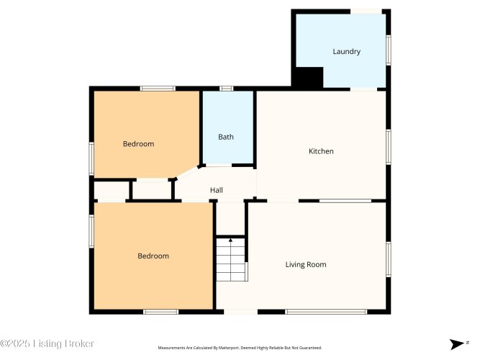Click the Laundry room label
pyautogui.click(x=346, y=51)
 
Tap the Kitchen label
pyautogui.click(x=321, y=151)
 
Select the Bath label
pyautogui.click(x=226, y=137)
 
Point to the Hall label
pyautogui.click(x=216, y=190)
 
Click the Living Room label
pyautogui.click(x=306, y=264)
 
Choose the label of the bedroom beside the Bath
pyautogui.click(x=138, y=144)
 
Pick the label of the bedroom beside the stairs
pyautogui.click(x=153, y=256)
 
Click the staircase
pyautogui.click(x=231, y=259)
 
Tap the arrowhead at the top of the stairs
pyautogui.click(x=230, y=240)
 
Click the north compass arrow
pyautogui.click(x=456, y=344)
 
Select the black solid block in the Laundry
pyautogui.click(x=308, y=77)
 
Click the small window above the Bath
pyautogui.click(x=226, y=89)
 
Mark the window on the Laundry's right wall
pyautogui.click(x=389, y=50)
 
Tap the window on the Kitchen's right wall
pyautogui.click(x=389, y=147)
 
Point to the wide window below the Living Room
pyautogui.click(x=326, y=312)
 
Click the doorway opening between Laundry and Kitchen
pyautogui.click(x=363, y=89)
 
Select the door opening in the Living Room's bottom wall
pyautogui.click(x=240, y=312)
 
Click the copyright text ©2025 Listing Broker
pyautogui.click(x=47, y=343)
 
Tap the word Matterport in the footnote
pyautogui.click(x=228, y=348)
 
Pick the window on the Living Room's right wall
pyautogui.click(x=389, y=259)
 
